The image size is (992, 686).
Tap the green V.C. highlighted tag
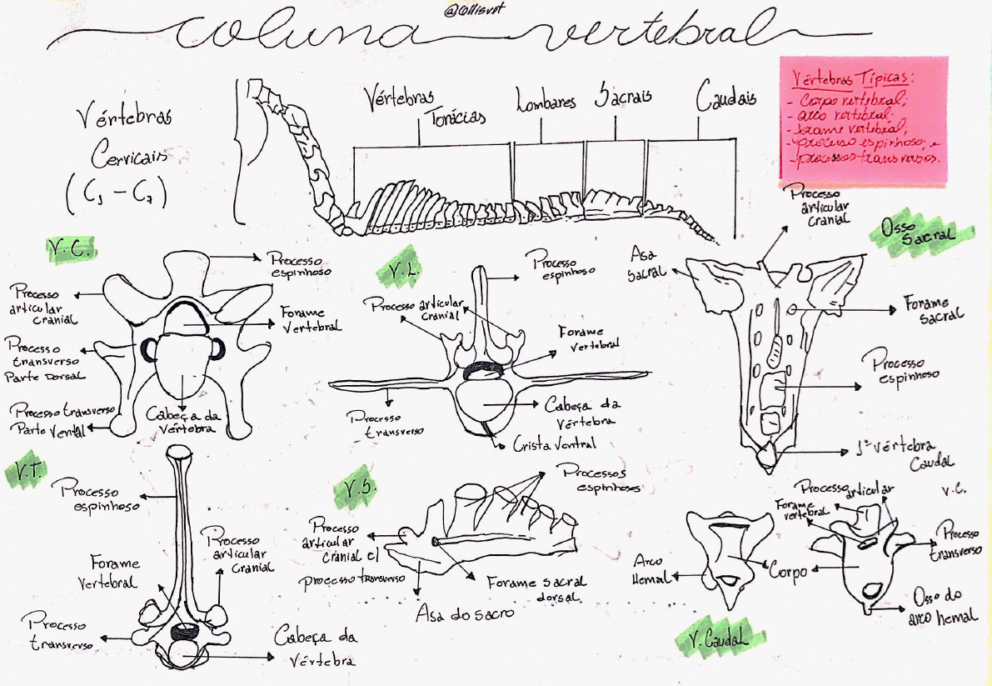[x=72, y=249]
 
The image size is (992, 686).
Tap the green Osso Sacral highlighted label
[x=922, y=233]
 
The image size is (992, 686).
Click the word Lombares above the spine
[x=546, y=103]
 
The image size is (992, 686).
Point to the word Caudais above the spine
[x=726, y=98]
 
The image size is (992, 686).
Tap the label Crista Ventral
[x=554, y=443]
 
